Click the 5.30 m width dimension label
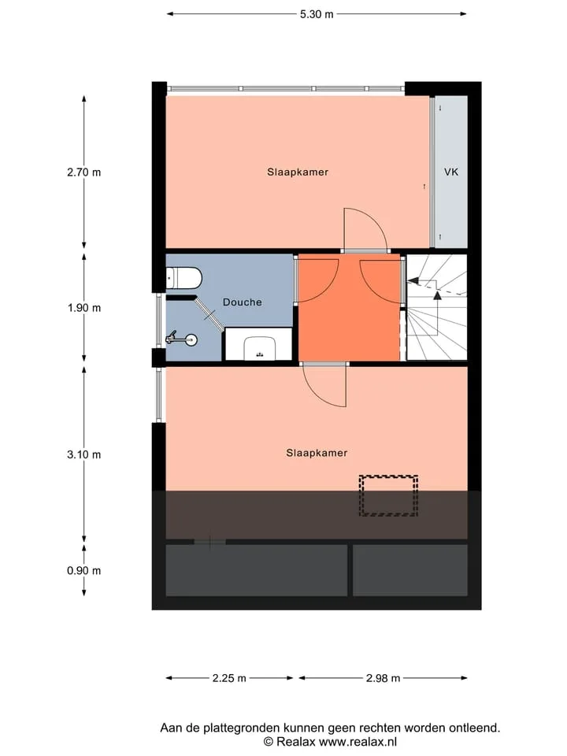[317, 14]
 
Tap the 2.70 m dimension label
[84, 172]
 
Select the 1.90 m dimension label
[84, 308]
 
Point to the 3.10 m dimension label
[84, 454]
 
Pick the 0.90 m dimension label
[84, 570]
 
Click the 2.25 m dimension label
[229, 678]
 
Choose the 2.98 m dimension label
[383, 678]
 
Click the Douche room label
[242, 302]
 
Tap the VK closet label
[451, 172]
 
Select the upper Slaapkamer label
[298, 172]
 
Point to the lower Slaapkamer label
[317, 453]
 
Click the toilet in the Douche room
[183, 278]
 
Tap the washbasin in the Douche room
[259, 347]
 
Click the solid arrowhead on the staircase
[437, 295]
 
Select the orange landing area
[349, 308]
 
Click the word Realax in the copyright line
[296, 742]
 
